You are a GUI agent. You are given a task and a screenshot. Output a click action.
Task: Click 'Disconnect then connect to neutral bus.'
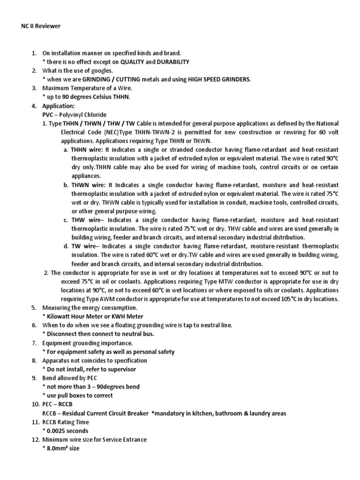101,334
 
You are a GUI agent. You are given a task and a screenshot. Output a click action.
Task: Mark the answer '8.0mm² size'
62,448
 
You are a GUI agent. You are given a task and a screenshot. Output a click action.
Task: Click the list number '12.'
34,439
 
